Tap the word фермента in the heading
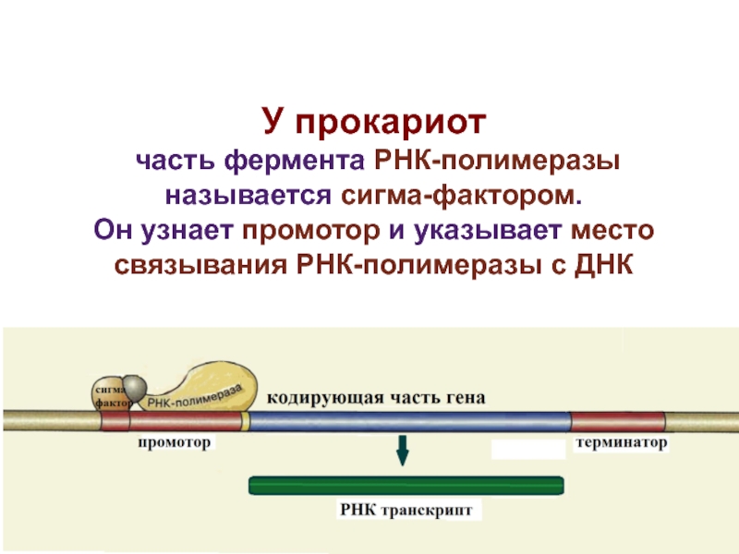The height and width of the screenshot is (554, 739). point(294,161)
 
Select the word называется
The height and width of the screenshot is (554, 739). point(248,196)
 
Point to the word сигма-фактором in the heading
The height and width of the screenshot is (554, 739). point(461,195)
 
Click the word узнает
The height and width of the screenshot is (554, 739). point(188,230)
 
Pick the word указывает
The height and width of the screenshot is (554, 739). point(488,230)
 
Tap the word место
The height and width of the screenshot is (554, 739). point(612,230)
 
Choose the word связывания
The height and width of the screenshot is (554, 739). point(200,265)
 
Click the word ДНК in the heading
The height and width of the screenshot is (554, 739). point(603,264)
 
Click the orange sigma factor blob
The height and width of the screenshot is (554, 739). point(107,395)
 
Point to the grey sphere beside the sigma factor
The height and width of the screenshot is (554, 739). point(134,388)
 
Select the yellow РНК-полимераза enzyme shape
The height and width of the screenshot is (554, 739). point(207,387)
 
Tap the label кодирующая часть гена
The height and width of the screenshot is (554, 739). point(376,398)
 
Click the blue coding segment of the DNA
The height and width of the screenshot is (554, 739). point(409,422)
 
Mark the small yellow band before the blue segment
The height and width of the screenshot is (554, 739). point(245,422)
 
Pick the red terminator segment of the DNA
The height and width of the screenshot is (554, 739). point(617,422)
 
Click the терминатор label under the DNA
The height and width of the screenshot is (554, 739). point(621,443)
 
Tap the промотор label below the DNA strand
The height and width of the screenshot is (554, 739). point(175,443)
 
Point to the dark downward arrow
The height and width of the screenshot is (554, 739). point(402,451)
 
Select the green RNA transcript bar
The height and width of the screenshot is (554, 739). point(406,486)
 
